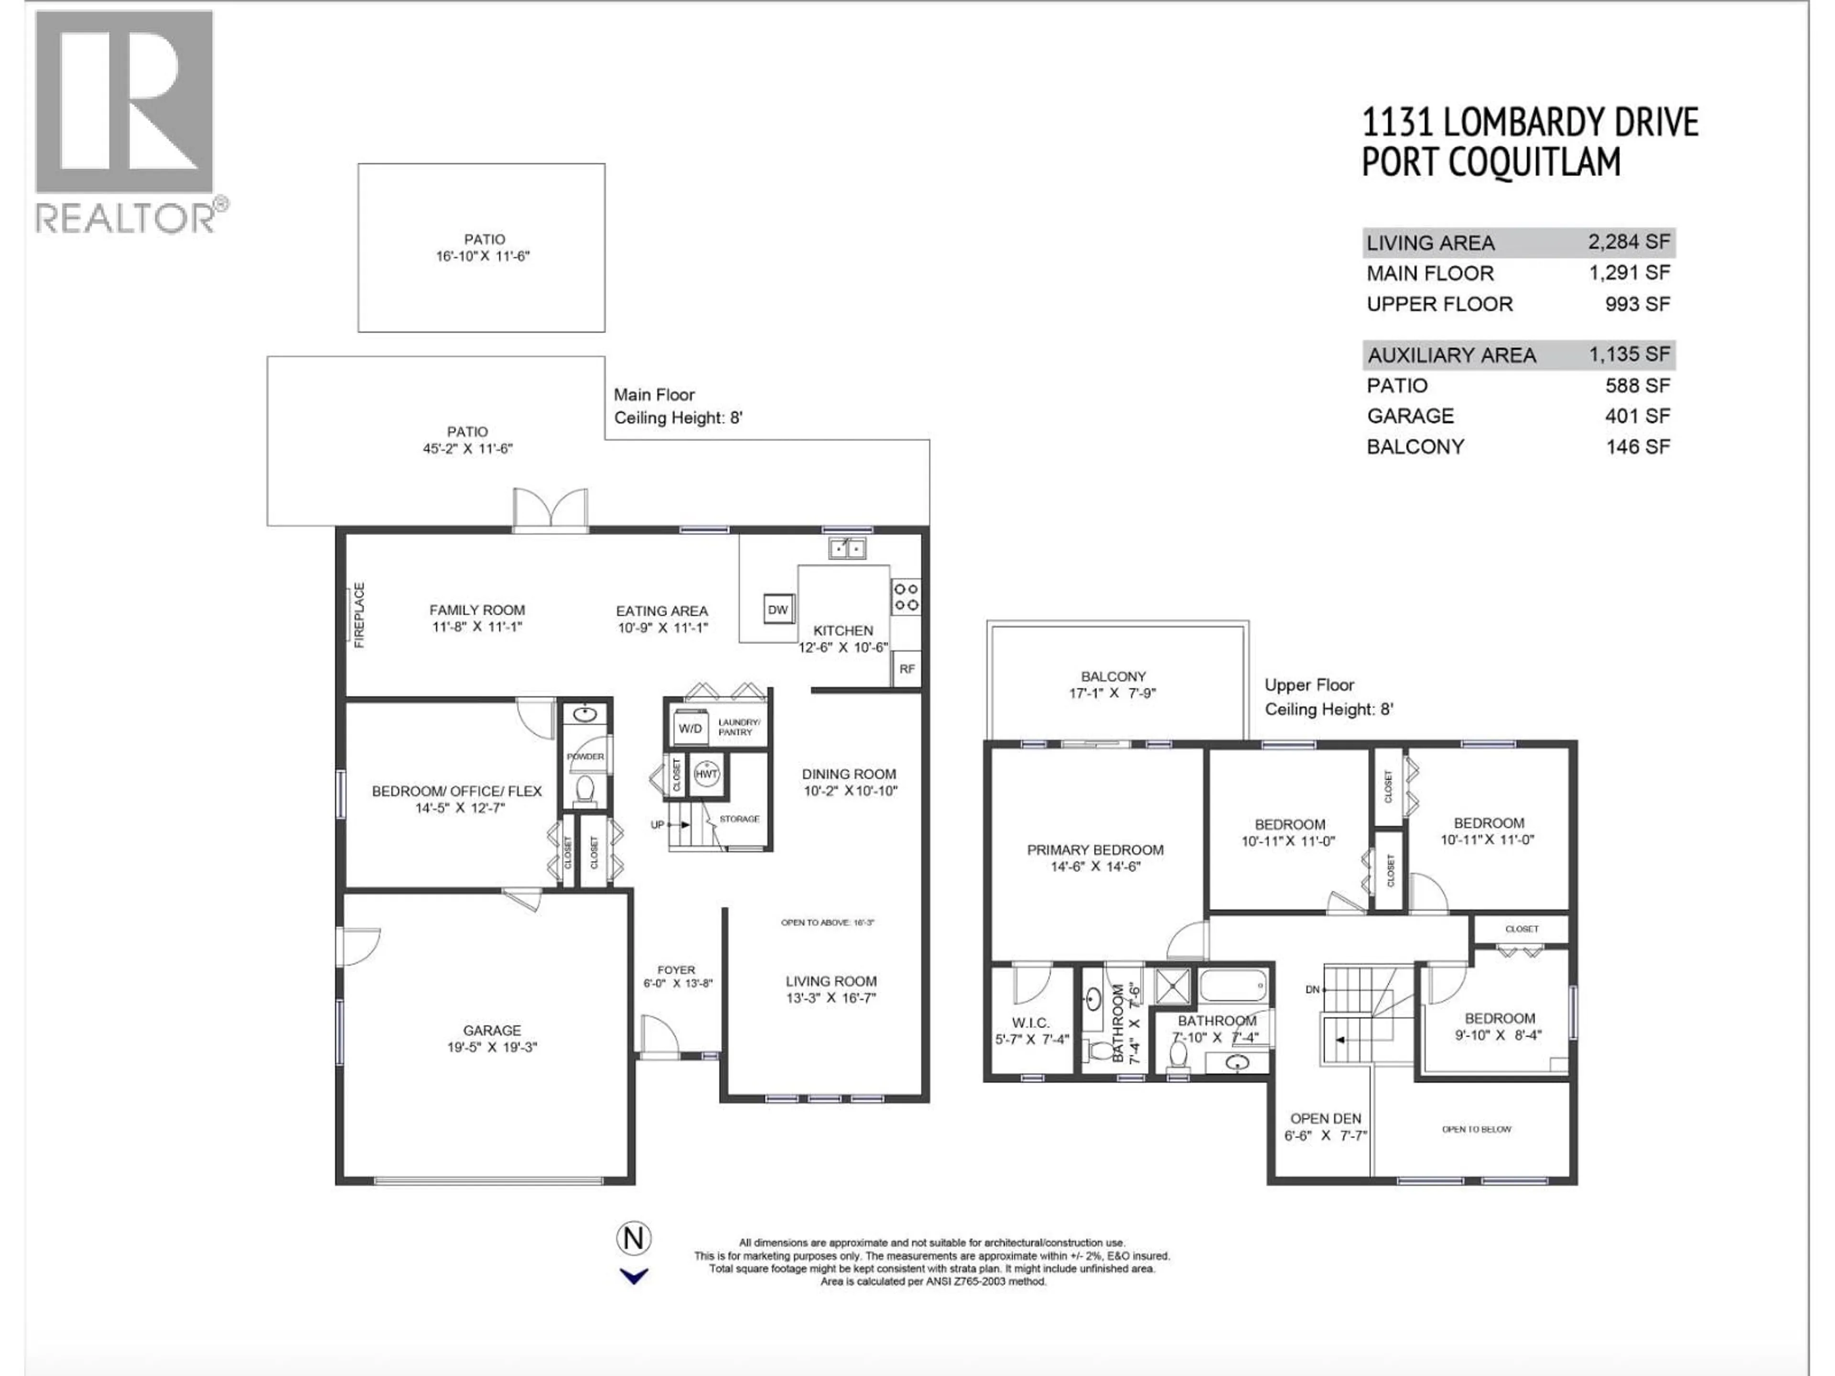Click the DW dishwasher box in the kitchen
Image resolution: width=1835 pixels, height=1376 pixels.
click(x=778, y=610)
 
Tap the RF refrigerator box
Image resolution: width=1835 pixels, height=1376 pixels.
click(x=907, y=668)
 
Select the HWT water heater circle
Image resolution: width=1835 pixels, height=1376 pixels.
click(x=706, y=774)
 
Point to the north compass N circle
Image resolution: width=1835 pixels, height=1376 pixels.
click(x=633, y=1238)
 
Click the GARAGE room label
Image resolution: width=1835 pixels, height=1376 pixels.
click(x=492, y=1030)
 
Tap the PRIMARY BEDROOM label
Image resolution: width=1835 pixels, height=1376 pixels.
click(x=1095, y=849)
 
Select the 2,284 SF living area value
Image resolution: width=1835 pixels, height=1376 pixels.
click(x=1629, y=242)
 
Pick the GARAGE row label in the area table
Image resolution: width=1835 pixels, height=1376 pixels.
click(x=1410, y=416)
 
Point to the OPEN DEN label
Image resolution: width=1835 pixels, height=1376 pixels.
click(x=1325, y=1118)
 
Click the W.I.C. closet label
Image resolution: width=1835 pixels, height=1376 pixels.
click(x=1030, y=1022)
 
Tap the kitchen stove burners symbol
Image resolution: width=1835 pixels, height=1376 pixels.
click(x=906, y=596)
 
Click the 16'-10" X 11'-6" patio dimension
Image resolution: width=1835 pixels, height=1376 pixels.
click(x=483, y=256)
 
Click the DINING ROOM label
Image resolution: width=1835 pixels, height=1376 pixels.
click(x=849, y=774)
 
